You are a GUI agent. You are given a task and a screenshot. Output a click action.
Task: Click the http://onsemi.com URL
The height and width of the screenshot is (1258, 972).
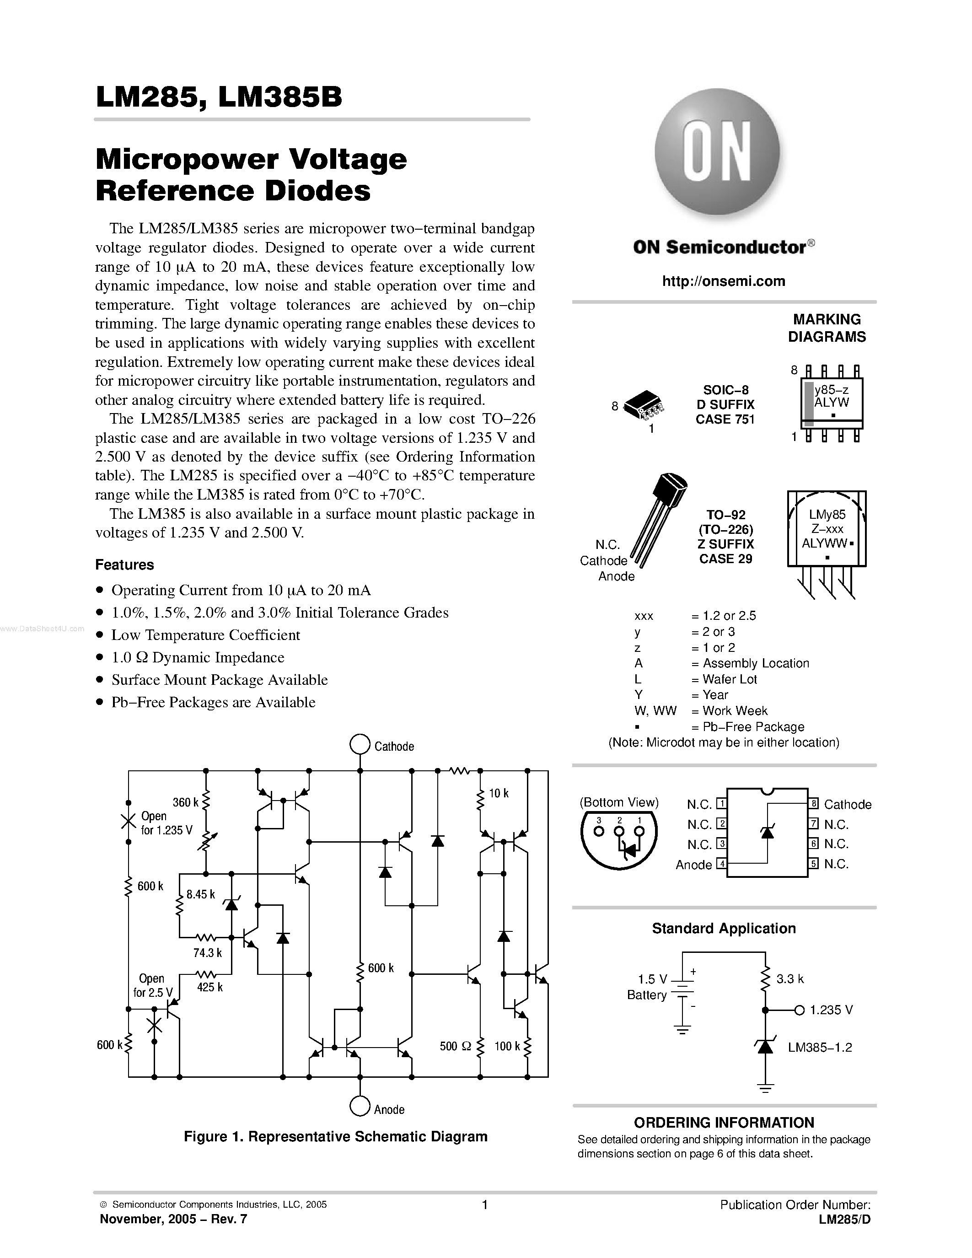tap(723, 281)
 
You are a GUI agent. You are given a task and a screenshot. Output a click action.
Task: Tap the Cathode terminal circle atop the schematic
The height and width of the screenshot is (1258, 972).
tap(360, 744)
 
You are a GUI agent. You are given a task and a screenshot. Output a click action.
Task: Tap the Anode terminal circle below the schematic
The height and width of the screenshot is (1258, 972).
tap(360, 1107)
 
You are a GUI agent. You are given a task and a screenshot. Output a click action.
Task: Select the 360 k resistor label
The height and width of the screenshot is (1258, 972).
tap(185, 802)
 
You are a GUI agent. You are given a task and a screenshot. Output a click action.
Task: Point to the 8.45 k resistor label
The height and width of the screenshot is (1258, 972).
tap(200, 894)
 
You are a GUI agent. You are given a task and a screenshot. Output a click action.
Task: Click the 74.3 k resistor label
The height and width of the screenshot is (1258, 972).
tap(207, 953)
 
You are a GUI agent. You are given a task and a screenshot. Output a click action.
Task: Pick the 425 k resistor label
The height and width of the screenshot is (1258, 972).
tap(209, 987)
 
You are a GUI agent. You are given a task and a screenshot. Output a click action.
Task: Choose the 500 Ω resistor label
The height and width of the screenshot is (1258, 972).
tap(456, 1046)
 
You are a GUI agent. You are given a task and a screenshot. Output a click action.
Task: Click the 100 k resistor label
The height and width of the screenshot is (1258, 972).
tap(507, 1046)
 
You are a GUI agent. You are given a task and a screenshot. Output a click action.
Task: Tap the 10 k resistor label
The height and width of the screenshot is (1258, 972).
tap(499, 793)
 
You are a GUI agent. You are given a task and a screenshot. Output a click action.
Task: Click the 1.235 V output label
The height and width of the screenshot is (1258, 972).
tap(831, 1010)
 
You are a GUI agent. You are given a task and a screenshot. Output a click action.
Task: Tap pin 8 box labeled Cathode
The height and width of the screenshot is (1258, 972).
tap(814, 804)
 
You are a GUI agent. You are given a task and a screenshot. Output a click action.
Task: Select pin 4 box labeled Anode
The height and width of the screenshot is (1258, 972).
tap(721, 864)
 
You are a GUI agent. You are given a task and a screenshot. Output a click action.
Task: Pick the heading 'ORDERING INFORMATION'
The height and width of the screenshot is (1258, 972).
tap(724, 1123)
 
